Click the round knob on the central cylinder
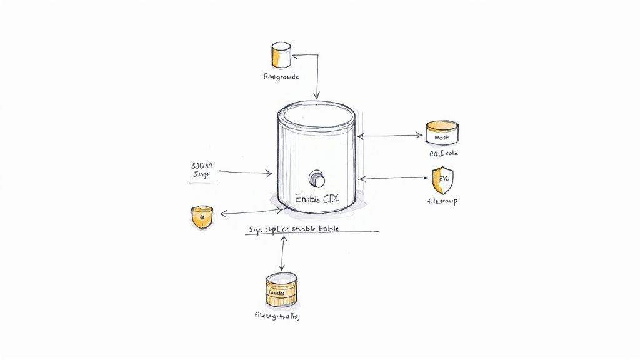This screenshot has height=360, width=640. pos(318,179)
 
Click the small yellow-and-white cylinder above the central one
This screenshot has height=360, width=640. pos(281,55)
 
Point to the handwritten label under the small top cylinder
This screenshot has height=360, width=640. pos(281,77)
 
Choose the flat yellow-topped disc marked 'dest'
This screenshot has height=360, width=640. pos(442,132)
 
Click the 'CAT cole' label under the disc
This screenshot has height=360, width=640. pos(443,153)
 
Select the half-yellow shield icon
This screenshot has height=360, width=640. pos(442,181)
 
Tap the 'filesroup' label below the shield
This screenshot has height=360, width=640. pos(442,202)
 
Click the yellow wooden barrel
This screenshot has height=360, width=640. pos(281,290)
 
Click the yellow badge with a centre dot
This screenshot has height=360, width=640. pos(201,217)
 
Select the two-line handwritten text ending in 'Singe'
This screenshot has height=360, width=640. pos(202,172)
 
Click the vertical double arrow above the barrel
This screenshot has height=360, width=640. pos(284,253)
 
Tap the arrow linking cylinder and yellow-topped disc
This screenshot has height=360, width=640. pos(391,134)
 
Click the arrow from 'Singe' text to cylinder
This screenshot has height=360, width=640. pos(245,172)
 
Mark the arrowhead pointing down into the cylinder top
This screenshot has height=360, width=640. pos(317,96)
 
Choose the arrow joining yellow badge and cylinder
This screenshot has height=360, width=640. pos(246,213)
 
